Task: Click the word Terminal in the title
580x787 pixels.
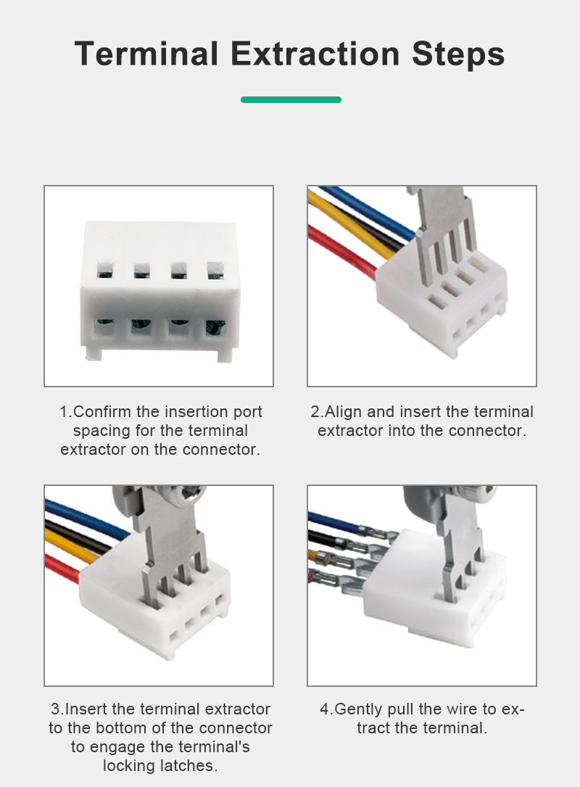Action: click(x=146, y=54)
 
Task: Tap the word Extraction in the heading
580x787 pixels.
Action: click(x=315, y=54)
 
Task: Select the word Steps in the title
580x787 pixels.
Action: click(x=458, y=54)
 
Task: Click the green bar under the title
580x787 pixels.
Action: click(x=291, y=99)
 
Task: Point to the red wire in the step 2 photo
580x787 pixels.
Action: click(x=341, y=252)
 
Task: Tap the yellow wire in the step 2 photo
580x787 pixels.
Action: click(x=351, y=225)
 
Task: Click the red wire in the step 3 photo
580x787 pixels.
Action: click(x=61, y=568)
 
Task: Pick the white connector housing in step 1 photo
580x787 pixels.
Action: click(x=159, y=291)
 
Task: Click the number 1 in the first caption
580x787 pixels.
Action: click(x=64, y=411)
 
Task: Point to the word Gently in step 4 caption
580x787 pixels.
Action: click(x=359, y=709)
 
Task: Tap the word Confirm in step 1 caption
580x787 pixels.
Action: click(x=103, y=411)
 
